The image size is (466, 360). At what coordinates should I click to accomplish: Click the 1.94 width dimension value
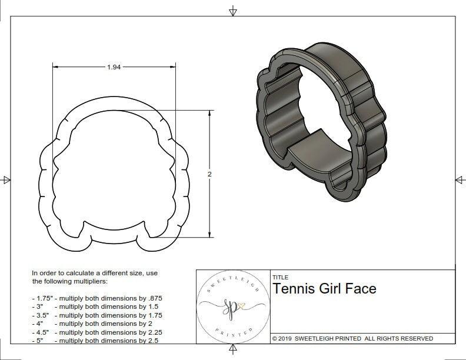point(114,67)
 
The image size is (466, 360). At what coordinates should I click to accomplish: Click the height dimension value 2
point(209,174)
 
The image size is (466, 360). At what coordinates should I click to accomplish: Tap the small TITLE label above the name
point(281,277)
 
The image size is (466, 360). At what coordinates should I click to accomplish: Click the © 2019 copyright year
point(285,338)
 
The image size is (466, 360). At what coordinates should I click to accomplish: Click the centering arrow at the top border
point(234,10)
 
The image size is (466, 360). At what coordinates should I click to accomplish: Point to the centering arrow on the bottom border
point(234,351)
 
